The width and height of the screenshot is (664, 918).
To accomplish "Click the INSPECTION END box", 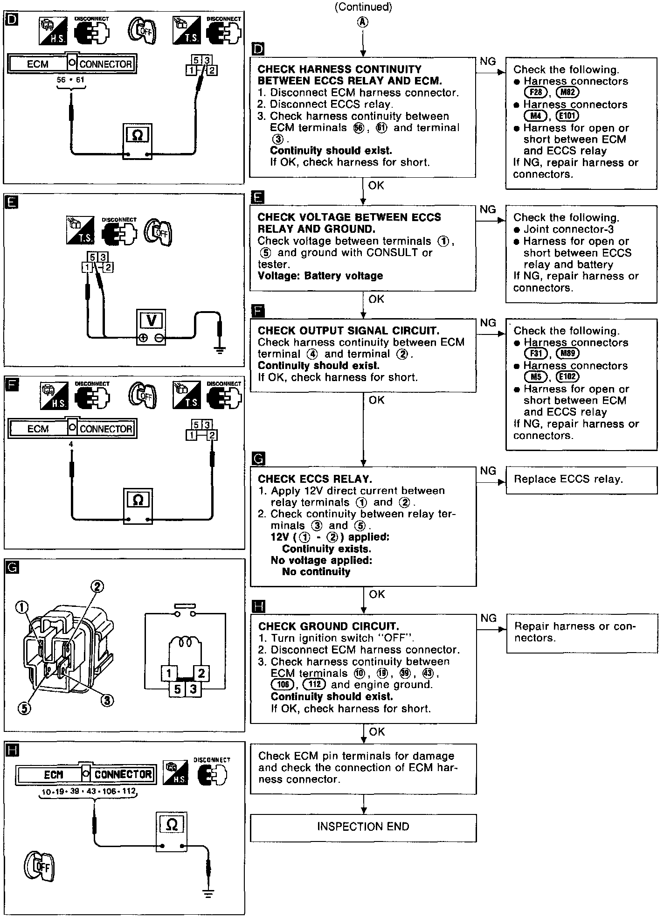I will (x=363, y=827).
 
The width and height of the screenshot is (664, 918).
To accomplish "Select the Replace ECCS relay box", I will (x=581, y=480).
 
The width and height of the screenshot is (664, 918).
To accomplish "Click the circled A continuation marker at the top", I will (x=363, y=22).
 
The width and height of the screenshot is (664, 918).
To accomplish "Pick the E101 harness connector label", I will (x=567, y=116).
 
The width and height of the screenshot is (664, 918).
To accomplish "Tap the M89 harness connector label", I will (x=567, y=354).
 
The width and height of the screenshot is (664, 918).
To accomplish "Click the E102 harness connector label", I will (x=567, y=377).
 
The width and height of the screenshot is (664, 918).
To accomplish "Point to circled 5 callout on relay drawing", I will (x=24, y=708).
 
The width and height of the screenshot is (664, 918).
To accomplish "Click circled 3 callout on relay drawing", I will (x=108, y=700).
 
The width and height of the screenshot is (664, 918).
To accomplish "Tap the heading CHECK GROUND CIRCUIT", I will (x=329, y=626).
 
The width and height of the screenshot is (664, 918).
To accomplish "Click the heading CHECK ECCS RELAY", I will (x=315, y=479).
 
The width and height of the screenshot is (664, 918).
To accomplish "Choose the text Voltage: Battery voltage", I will (x=320, y=276).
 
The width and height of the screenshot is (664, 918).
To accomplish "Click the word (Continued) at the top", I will (x=363, y=7).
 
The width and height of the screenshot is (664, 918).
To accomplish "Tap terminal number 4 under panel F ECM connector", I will (x=71, y=445).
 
